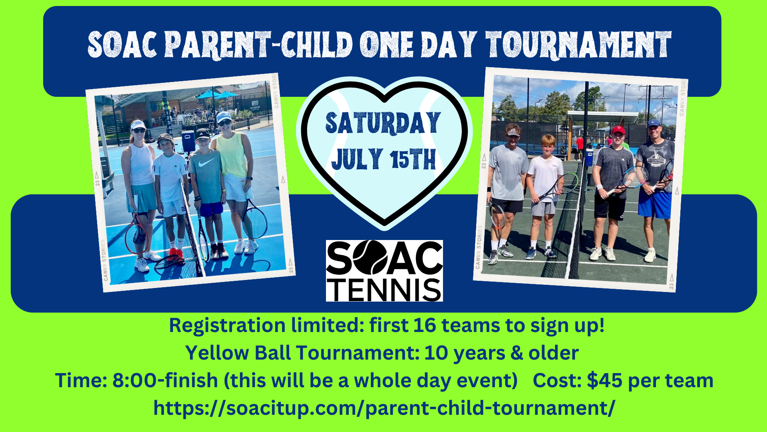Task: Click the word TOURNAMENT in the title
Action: tap(578, 44)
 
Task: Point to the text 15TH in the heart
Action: tap(413, 159)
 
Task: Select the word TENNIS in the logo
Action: tap(384, 290)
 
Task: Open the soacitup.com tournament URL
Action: tap(384, 408)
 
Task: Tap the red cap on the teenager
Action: tap(618, 130)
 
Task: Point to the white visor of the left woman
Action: tap(138, 124)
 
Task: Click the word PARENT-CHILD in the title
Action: tap(258, 44)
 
